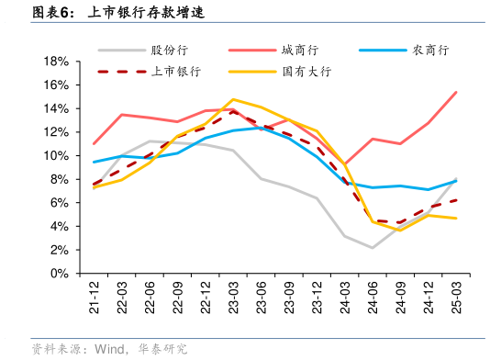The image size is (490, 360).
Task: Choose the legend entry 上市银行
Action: (176, 71)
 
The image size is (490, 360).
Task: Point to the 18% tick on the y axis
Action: (57, 62)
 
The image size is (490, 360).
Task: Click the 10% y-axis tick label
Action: (57, 156)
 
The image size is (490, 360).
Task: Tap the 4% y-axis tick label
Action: (61, 227)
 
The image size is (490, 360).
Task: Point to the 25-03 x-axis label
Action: (456, 296)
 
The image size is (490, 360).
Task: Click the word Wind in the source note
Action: (107, 348)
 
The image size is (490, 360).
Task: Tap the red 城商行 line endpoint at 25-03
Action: (456, 92)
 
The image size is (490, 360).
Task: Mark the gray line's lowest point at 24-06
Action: (373, 248)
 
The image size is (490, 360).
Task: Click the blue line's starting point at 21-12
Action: (95, 162)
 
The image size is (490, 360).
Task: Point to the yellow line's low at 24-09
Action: (400, 230)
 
